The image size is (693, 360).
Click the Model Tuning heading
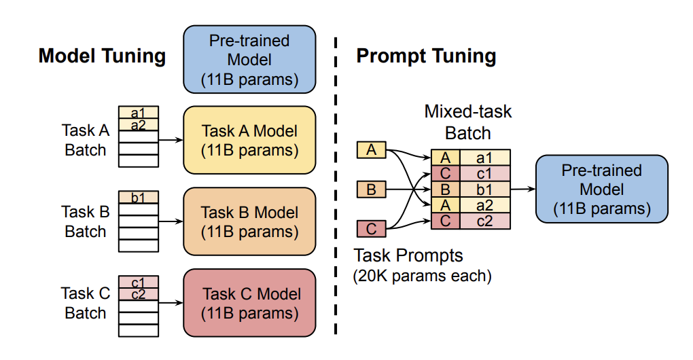(x=102, y=56)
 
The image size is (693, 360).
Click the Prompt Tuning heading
(x=426, y=56)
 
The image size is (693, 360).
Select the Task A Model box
(x=250, y=140)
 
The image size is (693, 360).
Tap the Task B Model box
(x=250, y=221)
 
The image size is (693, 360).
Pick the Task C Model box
(x=250, y=303)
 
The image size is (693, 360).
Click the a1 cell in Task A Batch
(x=139, y=113)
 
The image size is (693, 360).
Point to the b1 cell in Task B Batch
(x=139, y=197)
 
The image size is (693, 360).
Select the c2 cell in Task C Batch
(x=139, y=294)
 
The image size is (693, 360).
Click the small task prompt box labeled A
(x=371, y=149)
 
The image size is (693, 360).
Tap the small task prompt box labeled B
(x=371, y=190)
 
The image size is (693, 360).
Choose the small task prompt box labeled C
(x=371, y=229)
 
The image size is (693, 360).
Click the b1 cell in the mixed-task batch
(x=485, y=190)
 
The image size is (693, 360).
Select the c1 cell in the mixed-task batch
(x=485, y=174)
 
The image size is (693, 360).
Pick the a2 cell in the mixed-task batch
(x=485, y=205)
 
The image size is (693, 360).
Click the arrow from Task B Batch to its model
(x=171, y=221)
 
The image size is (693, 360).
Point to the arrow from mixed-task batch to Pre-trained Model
(x=523, y=190)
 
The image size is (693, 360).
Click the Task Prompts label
(x=408, y=256)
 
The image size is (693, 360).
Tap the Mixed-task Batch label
(x=468, y=122)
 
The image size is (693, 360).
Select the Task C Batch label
(x=86, y=303)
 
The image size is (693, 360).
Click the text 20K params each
(x=422, y=276)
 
